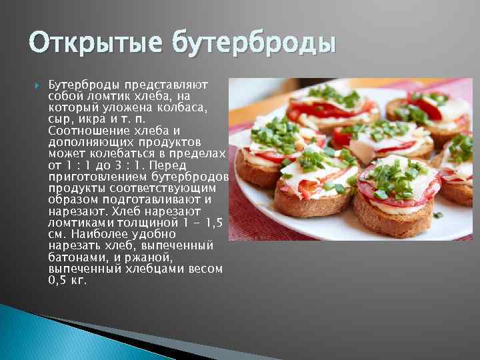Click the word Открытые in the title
[94, 44]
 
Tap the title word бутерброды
[254, 44]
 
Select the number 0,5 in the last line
[59, 279]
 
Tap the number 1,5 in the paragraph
[207, 222]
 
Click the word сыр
[61, 119]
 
